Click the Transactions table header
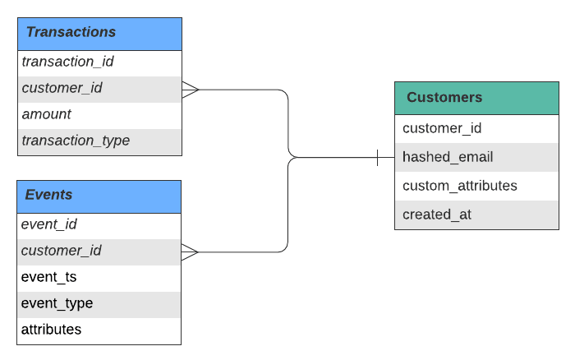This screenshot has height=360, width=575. click(99, 34)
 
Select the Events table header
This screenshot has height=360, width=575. click(99, 196)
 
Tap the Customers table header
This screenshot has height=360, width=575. click(476, 98)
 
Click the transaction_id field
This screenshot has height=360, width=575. click(68, 62)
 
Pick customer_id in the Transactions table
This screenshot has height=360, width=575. click(62, 88)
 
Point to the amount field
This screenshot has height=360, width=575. click(46, 114)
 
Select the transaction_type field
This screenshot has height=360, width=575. click(76, 141)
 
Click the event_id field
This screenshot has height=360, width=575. click(48, 224)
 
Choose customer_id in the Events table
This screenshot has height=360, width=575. click(62, 251)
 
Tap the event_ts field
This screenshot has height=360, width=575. click(48, 277)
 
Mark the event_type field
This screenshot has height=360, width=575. click(57, 303)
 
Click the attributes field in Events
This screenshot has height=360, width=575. click(51, 330)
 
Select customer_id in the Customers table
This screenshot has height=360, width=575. click(442, 128)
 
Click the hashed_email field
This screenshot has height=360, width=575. click(448, 157)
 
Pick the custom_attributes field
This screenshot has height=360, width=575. click(460, 186)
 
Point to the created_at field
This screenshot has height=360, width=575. click(437, 215)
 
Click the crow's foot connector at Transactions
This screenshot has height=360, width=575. click(191, 90)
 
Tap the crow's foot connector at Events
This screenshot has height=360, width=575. click(190, 252)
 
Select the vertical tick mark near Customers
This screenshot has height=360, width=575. click(377, 158)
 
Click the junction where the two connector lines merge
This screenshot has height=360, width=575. click(293, 158)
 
